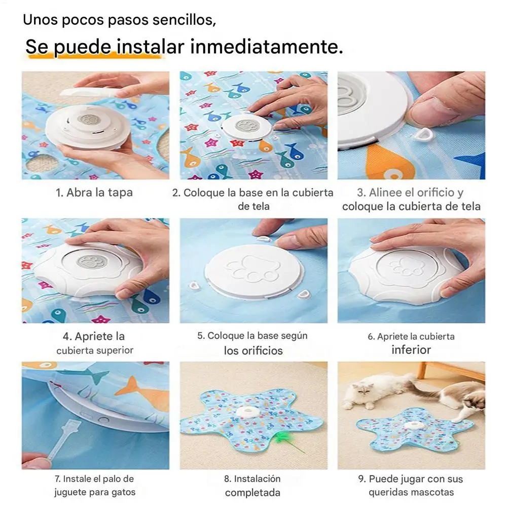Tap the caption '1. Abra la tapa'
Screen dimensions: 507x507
(x=94, y=193)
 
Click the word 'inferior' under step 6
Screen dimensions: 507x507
(x=411, y=350)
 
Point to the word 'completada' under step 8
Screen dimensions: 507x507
(x=252, y=493)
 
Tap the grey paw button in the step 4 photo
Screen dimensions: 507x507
(x=89, y=263)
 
